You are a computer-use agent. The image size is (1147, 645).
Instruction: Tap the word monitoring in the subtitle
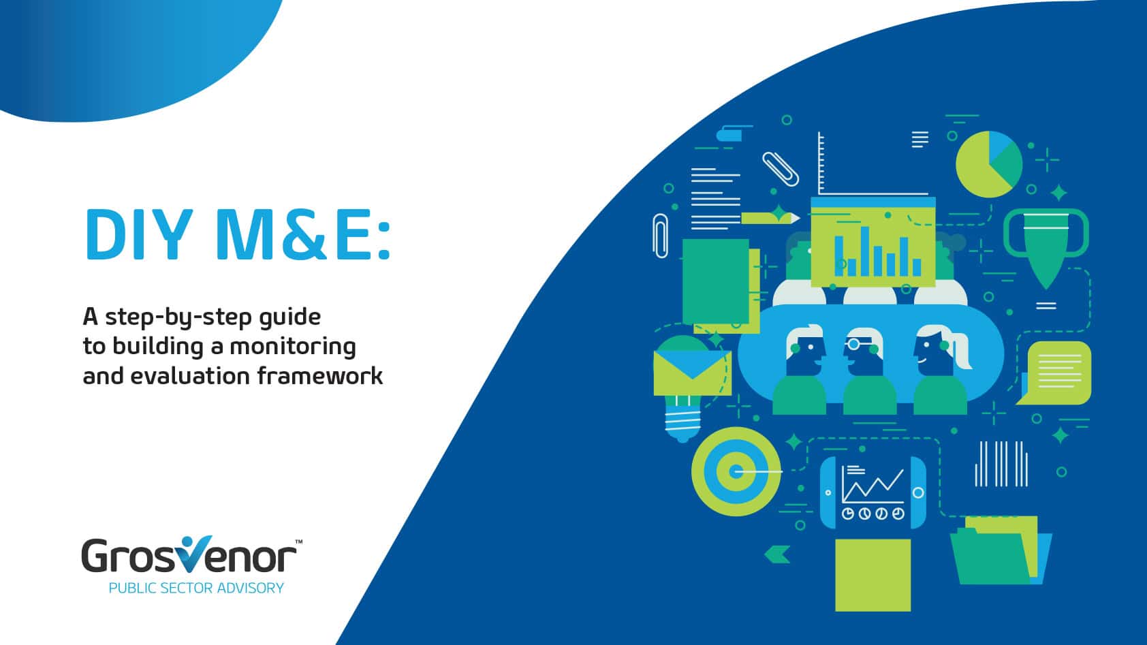[x=292, y=347]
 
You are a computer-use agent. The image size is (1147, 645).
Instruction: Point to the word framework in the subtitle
[x=319, y=375]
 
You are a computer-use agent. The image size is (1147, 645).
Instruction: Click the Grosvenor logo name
[x=189, y=555]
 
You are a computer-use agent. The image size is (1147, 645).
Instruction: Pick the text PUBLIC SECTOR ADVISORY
[x=196, y=588]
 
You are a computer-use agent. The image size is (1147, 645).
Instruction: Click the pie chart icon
[x=989, y=164]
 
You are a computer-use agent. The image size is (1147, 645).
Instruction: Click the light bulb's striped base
[x=682, y=421]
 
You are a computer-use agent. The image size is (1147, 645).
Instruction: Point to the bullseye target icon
[x=736, y=471]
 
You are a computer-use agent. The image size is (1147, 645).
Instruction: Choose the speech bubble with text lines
[x=1055, y=373]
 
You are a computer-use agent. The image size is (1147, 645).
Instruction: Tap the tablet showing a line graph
[x=873, y=492]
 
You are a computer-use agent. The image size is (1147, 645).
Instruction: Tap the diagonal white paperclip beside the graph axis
[x=781, y=169]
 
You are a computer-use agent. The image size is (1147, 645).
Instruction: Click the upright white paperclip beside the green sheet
[x=661, y=236]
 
